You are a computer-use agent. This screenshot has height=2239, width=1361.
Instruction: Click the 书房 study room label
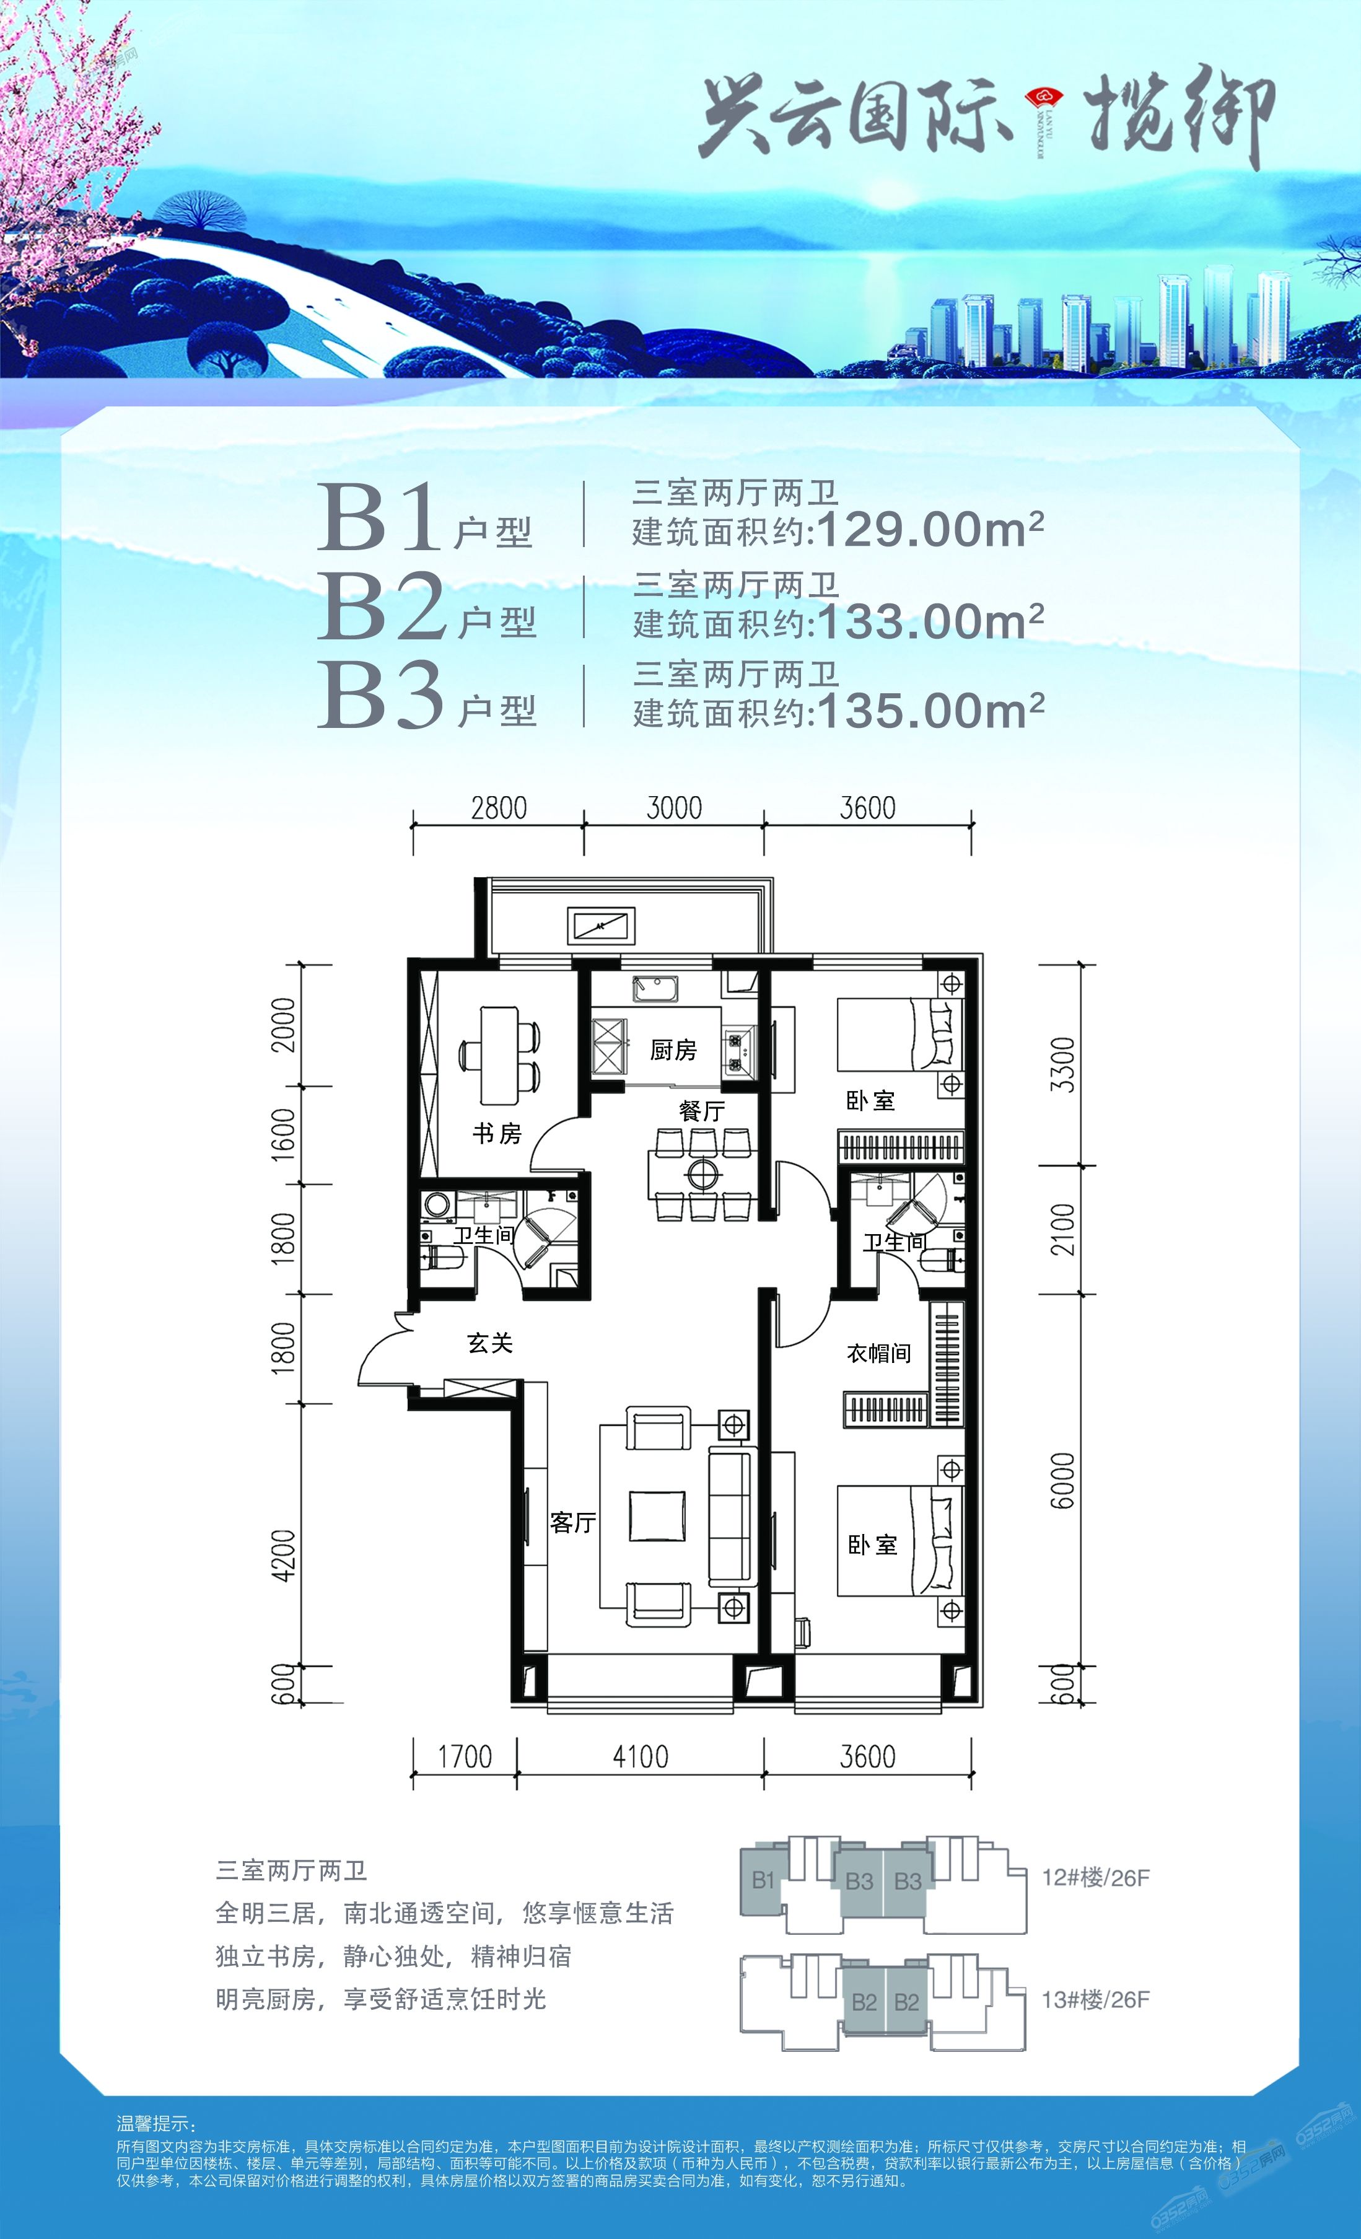coord(497,1133)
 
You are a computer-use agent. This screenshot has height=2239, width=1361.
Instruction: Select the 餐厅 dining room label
coord(701,1110)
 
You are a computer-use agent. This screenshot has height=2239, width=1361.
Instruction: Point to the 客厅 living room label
coord(572,1522)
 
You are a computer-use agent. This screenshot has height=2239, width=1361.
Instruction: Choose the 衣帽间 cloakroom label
coord(878,1353)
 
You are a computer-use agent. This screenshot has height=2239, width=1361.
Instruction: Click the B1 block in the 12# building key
coord(763,1879)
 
